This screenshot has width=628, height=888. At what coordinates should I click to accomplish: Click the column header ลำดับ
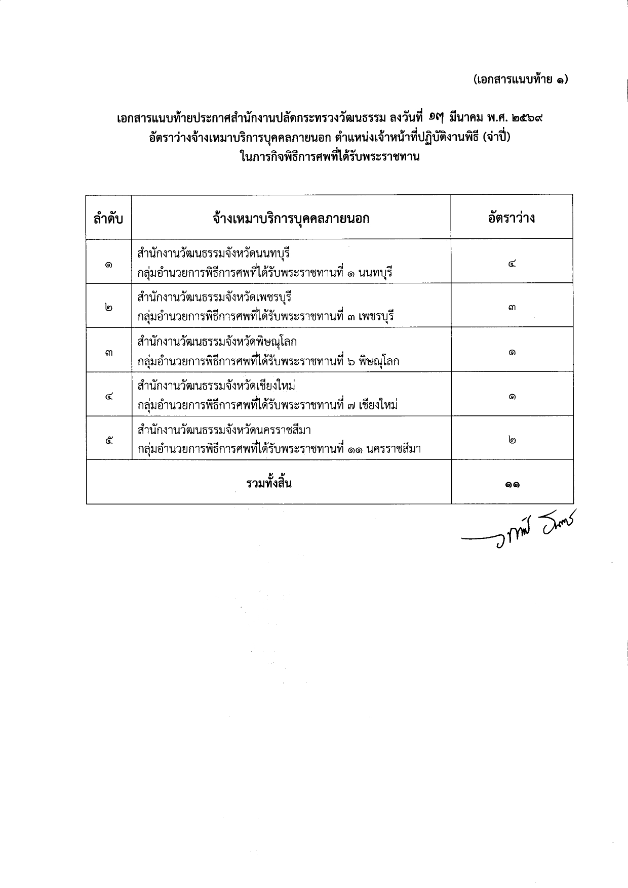point(108,219)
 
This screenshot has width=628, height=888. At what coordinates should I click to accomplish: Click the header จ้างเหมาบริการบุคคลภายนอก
point(291,219)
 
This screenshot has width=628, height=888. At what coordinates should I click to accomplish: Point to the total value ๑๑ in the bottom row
point(512,484)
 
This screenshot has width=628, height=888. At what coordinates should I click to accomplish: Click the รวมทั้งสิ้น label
point(269,483)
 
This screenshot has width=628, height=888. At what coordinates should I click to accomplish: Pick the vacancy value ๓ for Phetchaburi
point(512,307)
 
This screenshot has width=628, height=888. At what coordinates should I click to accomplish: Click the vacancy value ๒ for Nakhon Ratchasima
point(512,440)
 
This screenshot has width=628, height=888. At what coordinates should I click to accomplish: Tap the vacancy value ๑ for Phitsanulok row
point(512,353)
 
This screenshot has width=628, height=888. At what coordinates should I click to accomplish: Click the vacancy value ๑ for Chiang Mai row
point(512,397)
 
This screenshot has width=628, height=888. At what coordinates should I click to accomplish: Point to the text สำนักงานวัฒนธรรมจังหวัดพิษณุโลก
point(217,342)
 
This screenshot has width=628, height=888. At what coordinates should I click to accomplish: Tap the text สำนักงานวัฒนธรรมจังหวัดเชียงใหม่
point(216,386)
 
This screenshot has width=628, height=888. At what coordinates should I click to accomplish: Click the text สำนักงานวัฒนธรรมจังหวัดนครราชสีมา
point(224,430)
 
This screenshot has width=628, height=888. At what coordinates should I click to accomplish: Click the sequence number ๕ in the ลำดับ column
point(109,440)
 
